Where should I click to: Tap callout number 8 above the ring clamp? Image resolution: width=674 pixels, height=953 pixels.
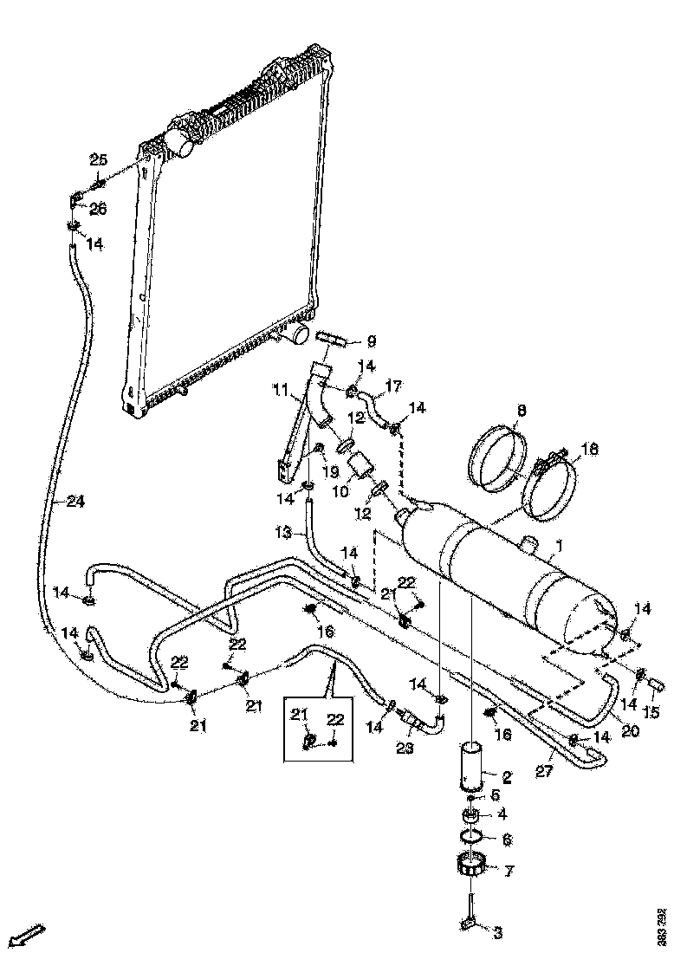[522, 411]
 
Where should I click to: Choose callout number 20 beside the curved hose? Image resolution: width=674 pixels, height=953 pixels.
[630, 731]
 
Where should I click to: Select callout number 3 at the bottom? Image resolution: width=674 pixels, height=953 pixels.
[497, 932]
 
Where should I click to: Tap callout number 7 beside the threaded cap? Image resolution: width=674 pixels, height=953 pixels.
[509, 870]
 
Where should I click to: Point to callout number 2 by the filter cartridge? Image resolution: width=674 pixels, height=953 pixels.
[507, 778]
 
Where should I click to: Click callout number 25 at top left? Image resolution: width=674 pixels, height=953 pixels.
[98, 159]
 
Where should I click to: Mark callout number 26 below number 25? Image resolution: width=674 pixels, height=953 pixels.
[98, 208]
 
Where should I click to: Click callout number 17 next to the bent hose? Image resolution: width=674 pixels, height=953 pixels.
[393, 386]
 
